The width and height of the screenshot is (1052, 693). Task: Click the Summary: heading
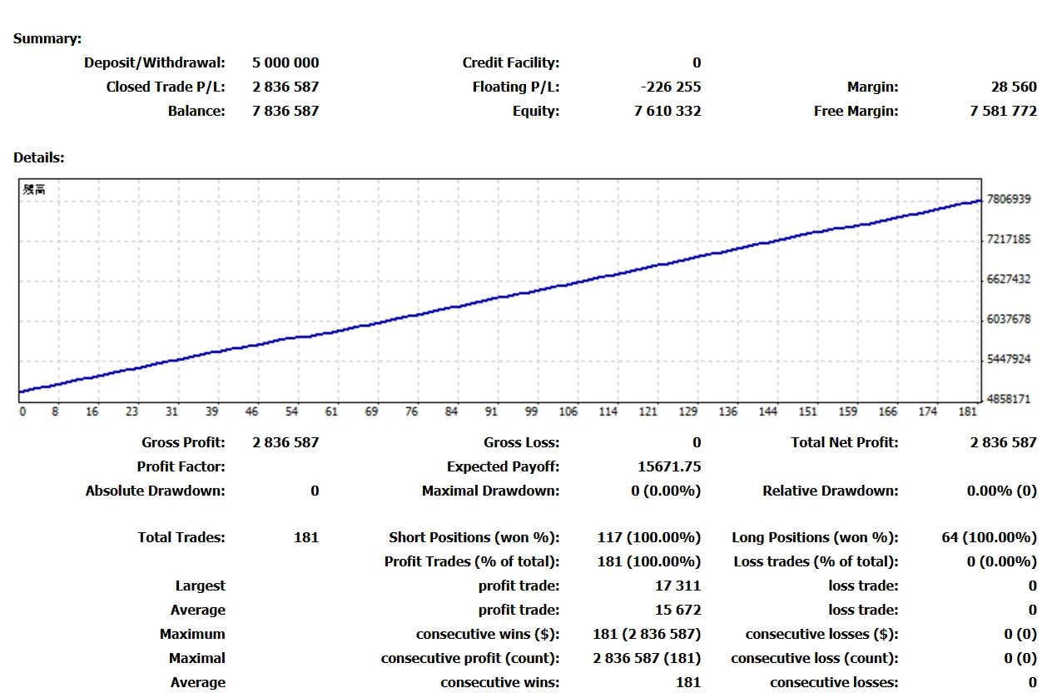point(47,38)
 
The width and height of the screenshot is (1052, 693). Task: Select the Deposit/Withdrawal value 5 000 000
point(285,62)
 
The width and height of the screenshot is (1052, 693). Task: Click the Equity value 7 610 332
point(667,111)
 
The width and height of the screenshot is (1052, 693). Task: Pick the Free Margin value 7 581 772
point(1003,111)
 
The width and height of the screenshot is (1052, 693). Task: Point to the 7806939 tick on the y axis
point(1009,199)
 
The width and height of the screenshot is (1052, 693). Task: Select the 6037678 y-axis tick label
point(1009,319)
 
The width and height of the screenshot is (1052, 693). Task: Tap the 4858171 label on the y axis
point(1009,399)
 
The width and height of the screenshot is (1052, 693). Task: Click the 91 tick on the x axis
point(492,411)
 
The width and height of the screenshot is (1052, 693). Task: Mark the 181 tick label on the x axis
point(968,411)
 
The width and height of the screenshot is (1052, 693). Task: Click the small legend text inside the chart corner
point(34,190)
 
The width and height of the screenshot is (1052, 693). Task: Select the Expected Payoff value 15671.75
point(669,466)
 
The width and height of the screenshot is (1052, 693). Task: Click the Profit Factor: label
point(181,466)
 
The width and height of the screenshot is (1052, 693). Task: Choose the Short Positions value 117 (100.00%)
point(649,537)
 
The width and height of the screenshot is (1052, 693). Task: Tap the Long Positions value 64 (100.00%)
point(989,537)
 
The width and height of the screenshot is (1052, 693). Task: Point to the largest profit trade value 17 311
point(677,586)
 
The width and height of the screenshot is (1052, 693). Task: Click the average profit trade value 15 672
point(677,610)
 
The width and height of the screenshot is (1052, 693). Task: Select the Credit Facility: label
point(510,62)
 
